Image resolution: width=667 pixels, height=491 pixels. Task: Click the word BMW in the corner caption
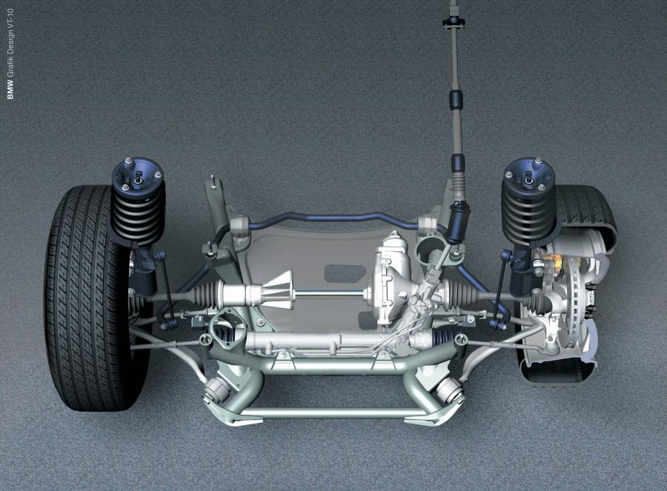tap(10, 90)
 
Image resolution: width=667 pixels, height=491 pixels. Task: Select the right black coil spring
tap(528, 215)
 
